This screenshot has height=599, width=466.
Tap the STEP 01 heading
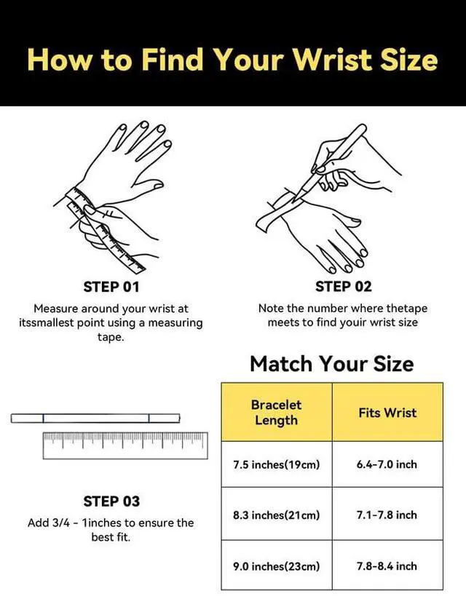click(111, 287)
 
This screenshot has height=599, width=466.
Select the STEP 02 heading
click(343, 287)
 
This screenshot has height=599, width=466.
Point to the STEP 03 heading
click(111, 501)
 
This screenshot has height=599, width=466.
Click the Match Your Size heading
click(332, 363)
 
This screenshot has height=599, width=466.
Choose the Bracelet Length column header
click(277, 413)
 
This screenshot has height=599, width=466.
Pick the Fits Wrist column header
click(387, 413)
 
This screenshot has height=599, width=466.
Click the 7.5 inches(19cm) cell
click(277, 464)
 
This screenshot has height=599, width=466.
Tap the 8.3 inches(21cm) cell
click(277, 515)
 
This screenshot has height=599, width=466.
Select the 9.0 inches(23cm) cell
click(277, 566)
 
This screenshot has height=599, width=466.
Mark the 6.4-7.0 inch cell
click(387, 464)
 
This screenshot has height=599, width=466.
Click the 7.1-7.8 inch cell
click(387, 515)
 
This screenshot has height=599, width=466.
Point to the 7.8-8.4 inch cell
click(387, 566)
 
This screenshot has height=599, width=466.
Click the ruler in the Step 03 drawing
click(125, 445)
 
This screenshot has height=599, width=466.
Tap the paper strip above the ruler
click(95, 418)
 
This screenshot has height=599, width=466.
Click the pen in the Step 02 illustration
click(330, 161)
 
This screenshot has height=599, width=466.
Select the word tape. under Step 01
click(111, 337)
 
